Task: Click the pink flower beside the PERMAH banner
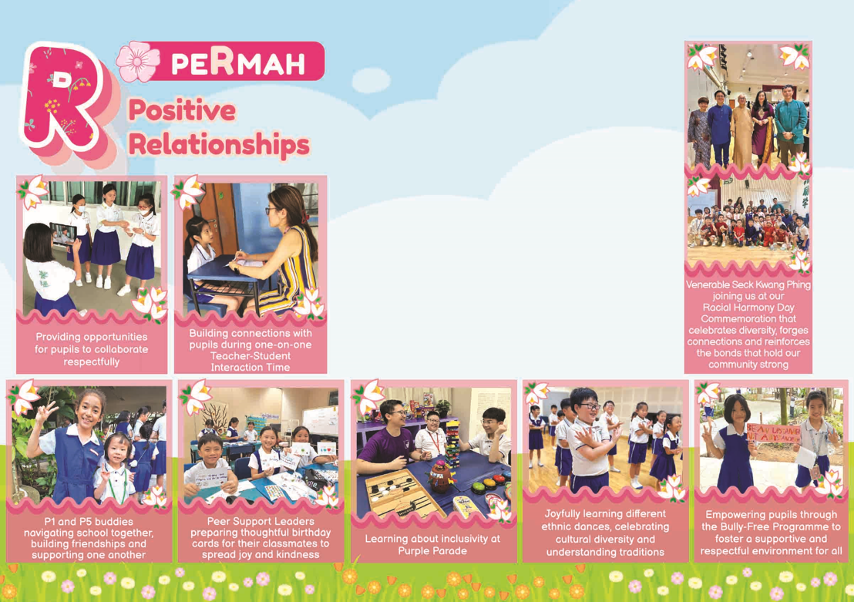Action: point(137,62)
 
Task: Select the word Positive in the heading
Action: point(182,110)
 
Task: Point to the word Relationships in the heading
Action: point(219,145)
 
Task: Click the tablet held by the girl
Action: point(62,234)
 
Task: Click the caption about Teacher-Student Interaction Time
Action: point(250,350)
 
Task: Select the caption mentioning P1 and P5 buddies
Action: point(88,538)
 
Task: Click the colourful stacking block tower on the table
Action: point(452,444)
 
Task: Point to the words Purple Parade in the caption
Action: point(432,551)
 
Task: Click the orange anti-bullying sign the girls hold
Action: point(773,434)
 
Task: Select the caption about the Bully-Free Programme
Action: point(771,533)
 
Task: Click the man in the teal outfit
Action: point(790,126)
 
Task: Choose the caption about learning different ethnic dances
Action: point(605,533)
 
